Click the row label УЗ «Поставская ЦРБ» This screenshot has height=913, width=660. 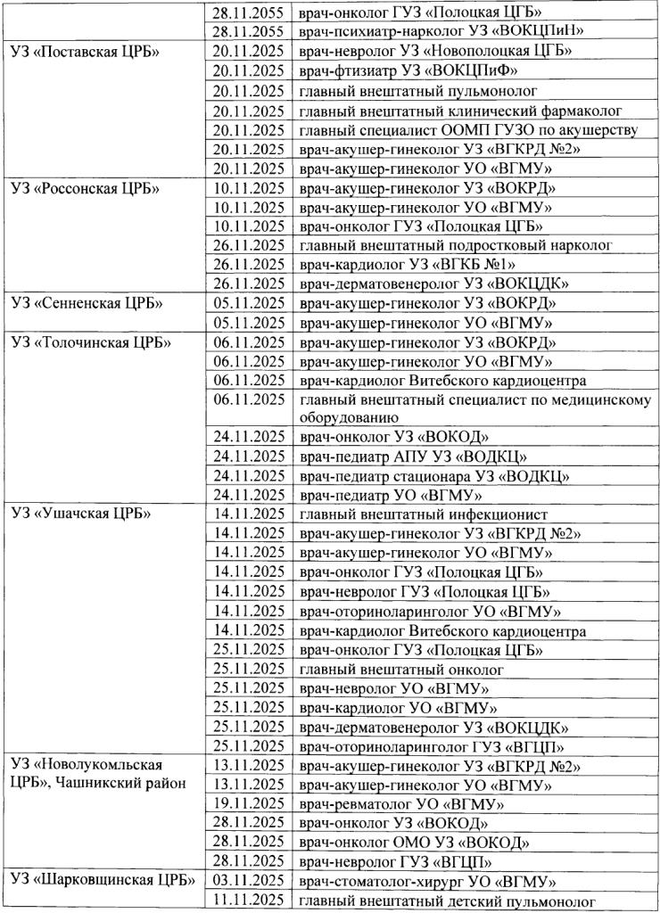coord(86,51)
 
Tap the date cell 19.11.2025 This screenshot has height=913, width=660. coord(251,803)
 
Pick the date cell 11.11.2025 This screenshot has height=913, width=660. coord(251,901)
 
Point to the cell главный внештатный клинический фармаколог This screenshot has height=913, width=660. coord(460,111)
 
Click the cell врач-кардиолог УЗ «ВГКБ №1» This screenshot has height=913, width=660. coord(409,265)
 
